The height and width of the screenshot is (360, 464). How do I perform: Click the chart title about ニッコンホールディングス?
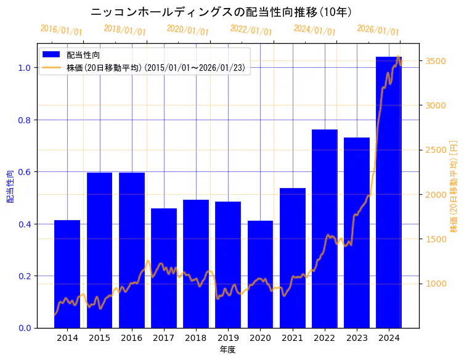(221, 12)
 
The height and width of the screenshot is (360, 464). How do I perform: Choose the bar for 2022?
(325, 228)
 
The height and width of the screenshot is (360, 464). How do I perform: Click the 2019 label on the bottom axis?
(228, 338)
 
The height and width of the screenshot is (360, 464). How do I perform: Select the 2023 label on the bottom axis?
(357, 338)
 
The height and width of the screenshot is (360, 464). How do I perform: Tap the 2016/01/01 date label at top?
(62, 30)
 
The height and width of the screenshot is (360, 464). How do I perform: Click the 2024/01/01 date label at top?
(315, 30)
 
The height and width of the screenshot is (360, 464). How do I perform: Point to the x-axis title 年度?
(228, 350)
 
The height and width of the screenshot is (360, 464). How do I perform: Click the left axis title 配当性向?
(10, 186)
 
